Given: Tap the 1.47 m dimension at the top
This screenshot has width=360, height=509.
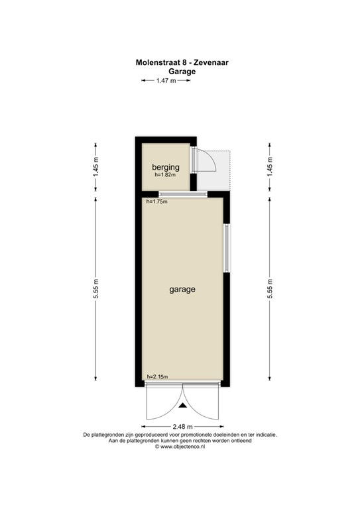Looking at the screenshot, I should coord(166,81).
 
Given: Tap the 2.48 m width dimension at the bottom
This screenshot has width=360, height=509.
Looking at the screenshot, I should coord(182,426).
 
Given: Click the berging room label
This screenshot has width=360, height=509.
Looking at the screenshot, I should coord(166,167).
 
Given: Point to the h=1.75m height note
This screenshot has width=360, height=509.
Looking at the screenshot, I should coord(156,201).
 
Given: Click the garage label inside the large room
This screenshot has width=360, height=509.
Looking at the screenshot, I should coord(182,290).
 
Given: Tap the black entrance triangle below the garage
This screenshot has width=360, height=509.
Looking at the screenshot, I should coord(182,405).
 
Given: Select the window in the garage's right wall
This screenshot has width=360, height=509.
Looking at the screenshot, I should coord(226,249).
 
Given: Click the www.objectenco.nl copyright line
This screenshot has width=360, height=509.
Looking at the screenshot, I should coord(180,447).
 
